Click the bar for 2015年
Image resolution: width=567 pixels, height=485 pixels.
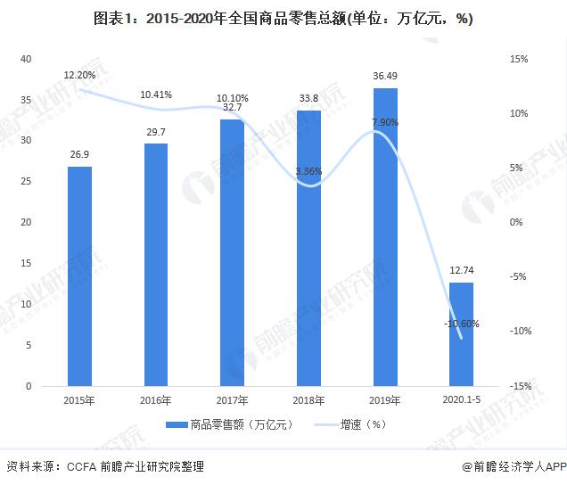pyautogui.click(x=79, y=276)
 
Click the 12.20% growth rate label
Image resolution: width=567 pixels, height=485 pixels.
pyautogui.click(x=79, y=74)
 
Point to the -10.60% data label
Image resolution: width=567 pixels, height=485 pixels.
pyautogui.click(x=461, y=324)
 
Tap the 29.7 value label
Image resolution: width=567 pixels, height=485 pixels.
pyautogui.click(x=155, y=131)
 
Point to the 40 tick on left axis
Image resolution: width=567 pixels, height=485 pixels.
pyautogui.click(x=26, y=59)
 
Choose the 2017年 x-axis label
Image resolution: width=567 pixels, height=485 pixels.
pyautogui.click(x=232, y=400)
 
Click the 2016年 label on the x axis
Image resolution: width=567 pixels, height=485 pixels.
pyautogui.click(x=155, y=400)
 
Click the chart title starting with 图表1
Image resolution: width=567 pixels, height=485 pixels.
pyautogui.click(x=283, y=19)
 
